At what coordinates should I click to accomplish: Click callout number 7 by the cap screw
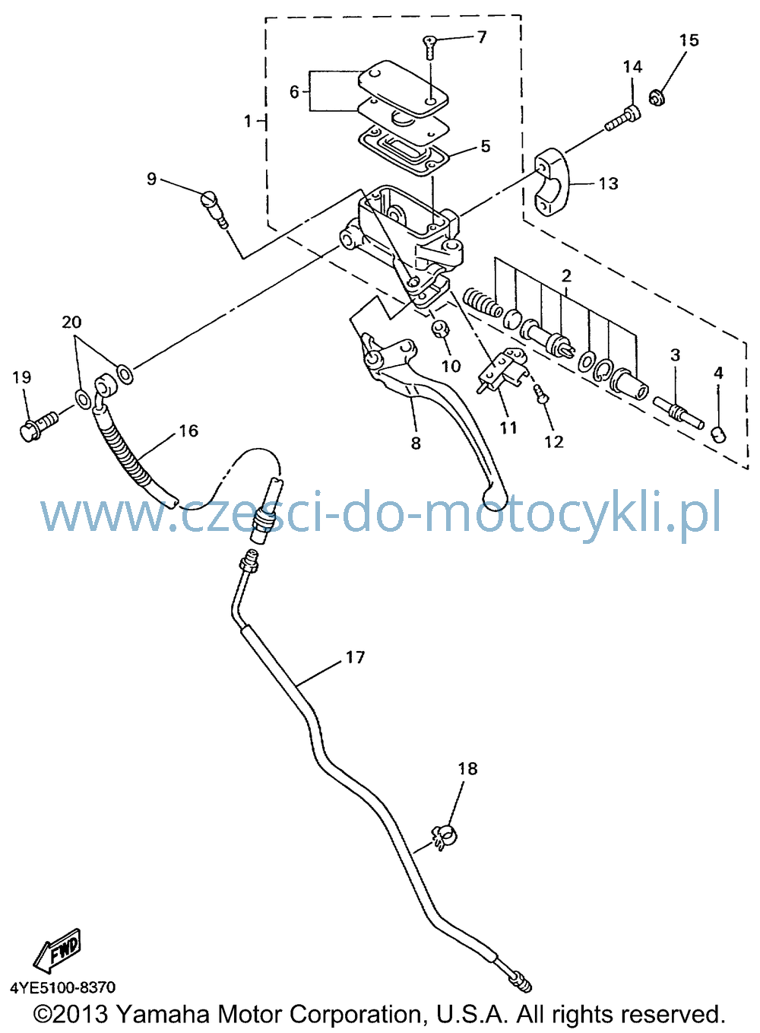point(481,37)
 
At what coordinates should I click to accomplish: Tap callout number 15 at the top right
point(689,40)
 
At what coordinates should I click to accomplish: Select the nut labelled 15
point(659,98)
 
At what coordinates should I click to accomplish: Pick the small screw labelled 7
point(429,46)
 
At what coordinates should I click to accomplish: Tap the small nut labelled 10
point(439,329)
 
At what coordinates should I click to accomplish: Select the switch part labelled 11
point(502,372)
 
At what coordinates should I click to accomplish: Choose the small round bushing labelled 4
point(719,434)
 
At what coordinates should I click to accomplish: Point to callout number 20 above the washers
point(71,322)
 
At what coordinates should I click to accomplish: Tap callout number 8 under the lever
point(415,443)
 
